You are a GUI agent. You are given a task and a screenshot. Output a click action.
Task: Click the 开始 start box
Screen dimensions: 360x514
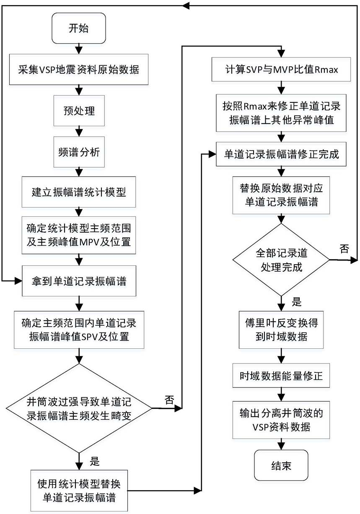point(79,28)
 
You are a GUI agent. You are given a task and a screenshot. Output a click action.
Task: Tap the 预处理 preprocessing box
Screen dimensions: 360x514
point(79,111)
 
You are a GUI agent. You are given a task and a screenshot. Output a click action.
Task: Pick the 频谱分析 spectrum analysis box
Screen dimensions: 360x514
point(79,152)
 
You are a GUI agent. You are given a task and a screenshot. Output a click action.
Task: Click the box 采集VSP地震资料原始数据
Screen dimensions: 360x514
point(79,70)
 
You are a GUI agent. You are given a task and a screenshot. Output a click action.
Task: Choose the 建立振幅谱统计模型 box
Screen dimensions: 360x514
point(79,192)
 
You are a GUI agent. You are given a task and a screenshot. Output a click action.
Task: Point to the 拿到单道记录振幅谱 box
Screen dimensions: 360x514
point(79,281)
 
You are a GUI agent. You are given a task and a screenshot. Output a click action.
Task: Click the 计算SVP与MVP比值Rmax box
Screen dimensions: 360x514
point(281,69)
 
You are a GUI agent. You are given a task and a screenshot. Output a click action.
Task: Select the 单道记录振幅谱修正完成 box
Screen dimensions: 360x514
point(281,154)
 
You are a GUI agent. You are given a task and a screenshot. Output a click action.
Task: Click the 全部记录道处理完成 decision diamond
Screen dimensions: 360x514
point(281,260)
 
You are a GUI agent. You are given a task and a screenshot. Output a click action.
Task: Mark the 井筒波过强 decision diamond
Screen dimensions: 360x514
point(79,408)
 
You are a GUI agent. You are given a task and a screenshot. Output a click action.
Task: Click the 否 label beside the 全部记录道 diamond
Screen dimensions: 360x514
point(344,249)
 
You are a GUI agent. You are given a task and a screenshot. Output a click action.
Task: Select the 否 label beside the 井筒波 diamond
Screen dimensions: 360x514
point(169,400)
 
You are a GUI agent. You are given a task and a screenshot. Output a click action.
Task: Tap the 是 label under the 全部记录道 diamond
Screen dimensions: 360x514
point(296,301)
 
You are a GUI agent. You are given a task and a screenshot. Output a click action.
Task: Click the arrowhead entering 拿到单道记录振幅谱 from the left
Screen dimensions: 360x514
point(18,280)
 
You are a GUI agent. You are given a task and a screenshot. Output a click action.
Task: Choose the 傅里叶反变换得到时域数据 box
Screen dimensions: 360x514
point(281,330)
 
